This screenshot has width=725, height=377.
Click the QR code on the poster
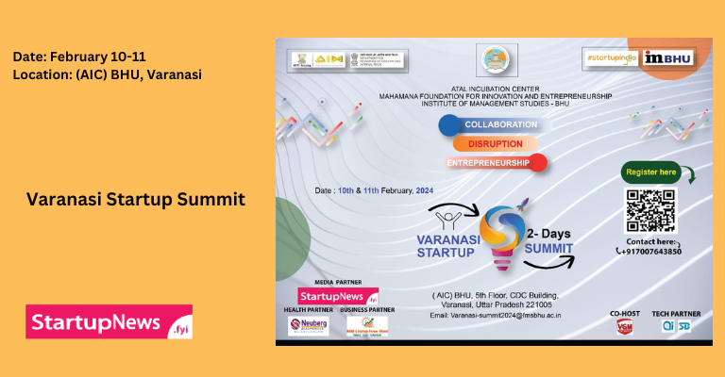(x=650, y=209)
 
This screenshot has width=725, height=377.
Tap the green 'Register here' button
(x=651, y=172)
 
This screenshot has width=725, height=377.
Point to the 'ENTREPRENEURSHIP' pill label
(x=492, y=163)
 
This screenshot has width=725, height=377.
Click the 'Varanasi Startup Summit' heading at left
(x=136, y=200)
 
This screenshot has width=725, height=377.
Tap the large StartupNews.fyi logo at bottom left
(x=109, y=321)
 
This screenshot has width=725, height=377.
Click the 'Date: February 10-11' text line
(x=79, y=57)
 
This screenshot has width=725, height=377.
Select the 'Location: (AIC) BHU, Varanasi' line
(x=108, y=74)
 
